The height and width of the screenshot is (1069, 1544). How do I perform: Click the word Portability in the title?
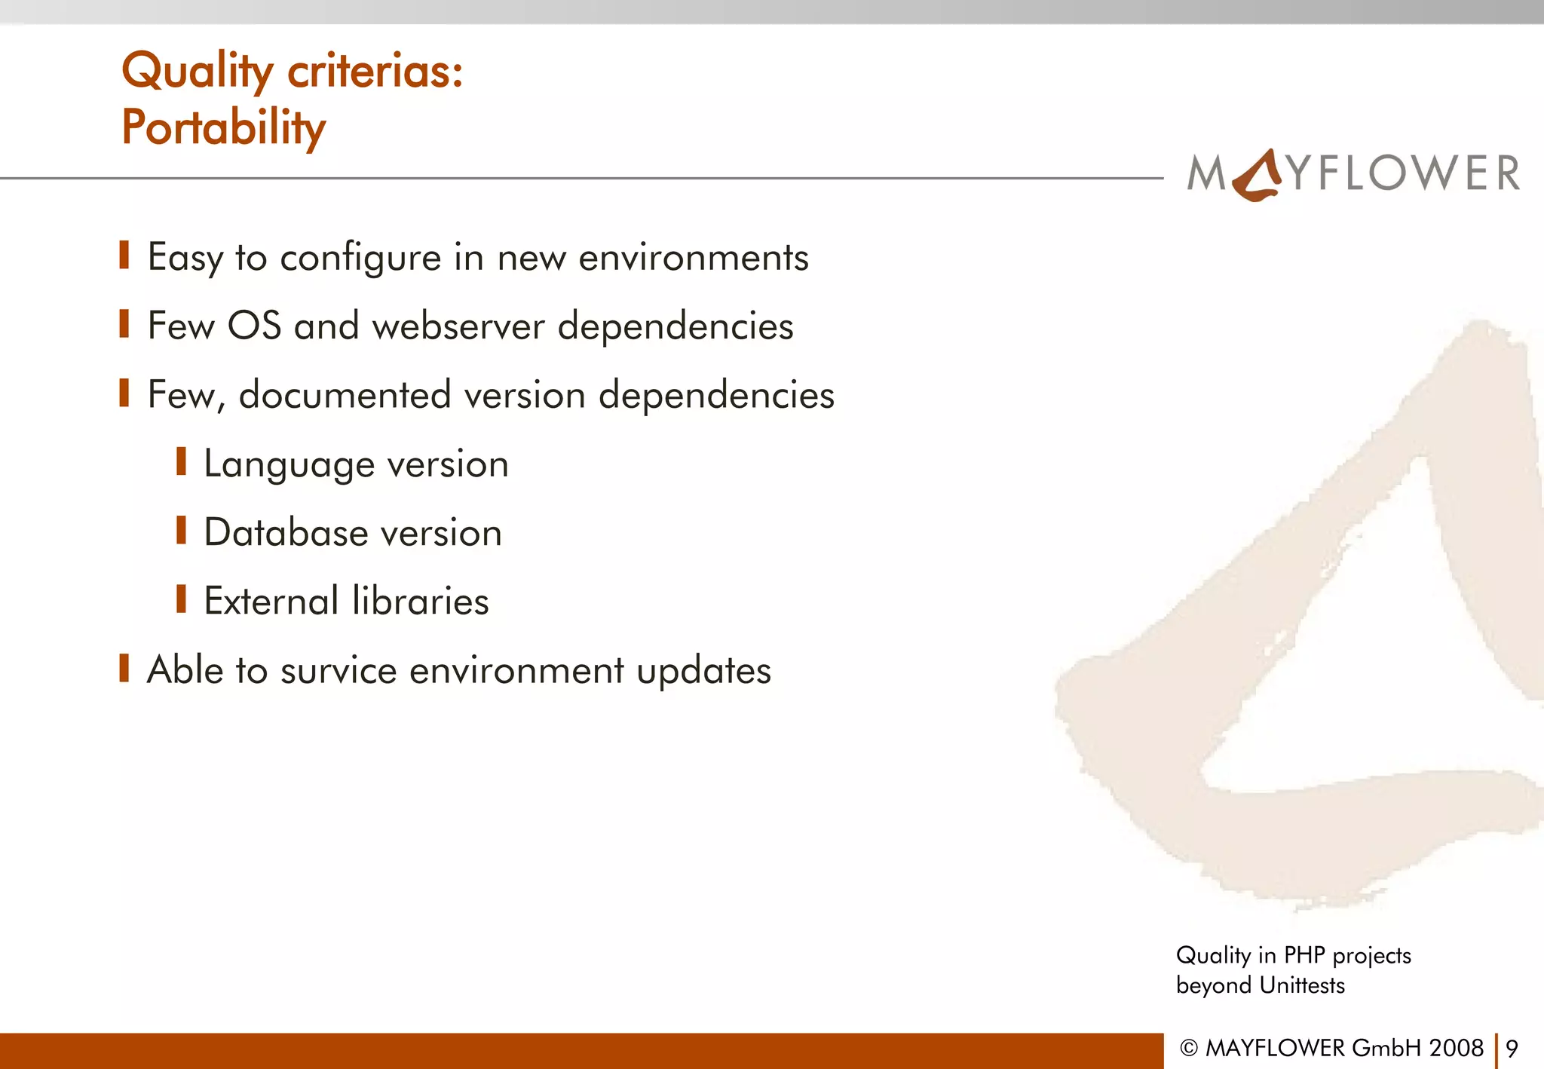point(223,128)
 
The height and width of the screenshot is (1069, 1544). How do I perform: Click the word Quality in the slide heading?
point(197,72)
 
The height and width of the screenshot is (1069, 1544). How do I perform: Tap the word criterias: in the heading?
point(375,72)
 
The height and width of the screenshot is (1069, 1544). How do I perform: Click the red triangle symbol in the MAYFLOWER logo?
point(1257,176)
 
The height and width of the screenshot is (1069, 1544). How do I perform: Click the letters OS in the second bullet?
point(254,326)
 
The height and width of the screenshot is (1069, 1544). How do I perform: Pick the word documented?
point(345,395)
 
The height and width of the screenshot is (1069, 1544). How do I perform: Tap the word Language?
point(289,465)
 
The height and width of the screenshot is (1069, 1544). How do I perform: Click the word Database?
point(286,533)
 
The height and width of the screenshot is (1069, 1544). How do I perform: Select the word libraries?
point(420,602)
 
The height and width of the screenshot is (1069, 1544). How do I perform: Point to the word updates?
point(703,671)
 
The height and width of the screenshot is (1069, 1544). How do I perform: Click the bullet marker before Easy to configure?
point(124,256)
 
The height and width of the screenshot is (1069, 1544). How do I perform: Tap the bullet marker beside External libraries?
point(181,599)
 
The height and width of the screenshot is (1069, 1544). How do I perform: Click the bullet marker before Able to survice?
point(124,668)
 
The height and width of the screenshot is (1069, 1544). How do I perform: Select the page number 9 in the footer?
point(1512,1049)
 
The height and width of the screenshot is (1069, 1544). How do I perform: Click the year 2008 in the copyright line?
point(1456,1049)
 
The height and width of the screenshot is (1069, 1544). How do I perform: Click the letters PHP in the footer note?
point(1304,956)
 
